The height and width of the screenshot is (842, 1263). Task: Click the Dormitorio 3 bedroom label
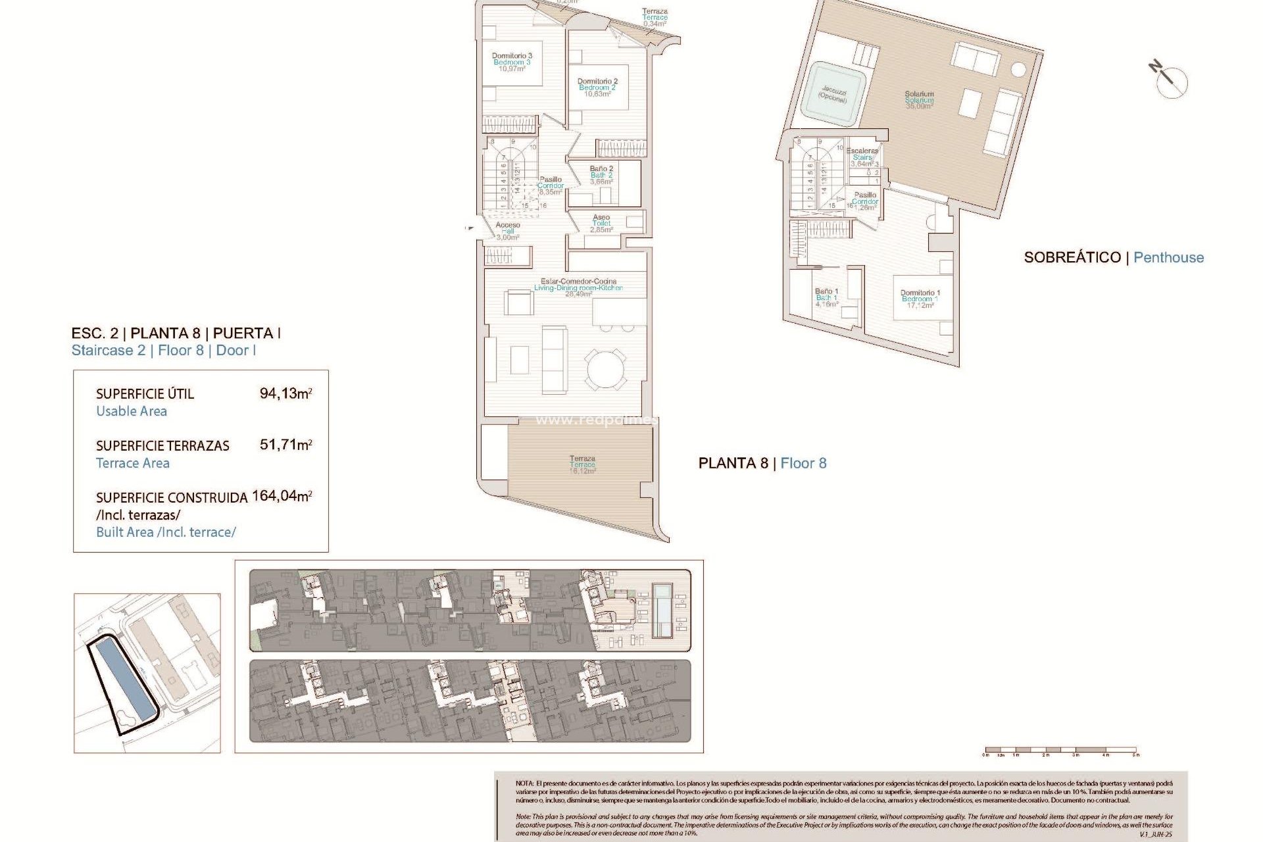[512, 62]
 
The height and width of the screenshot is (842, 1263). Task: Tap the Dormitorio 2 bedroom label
[597, 87]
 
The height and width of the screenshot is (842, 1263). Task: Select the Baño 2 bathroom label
[601, 175]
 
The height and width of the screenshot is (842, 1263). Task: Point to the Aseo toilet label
[601, 224]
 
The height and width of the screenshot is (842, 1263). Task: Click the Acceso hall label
[508, 231]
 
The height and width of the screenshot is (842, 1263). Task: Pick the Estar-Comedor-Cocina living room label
[578, 287]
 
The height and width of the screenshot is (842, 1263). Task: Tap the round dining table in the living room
[606, 368]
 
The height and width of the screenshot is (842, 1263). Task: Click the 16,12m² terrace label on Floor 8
[582, 464]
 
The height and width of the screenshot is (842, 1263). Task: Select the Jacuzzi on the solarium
[833, 93]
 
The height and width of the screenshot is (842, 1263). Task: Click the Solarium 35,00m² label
[919, 100]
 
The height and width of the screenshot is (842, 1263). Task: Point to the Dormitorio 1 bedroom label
[920, 299]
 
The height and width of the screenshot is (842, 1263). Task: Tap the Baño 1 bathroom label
[826, 297]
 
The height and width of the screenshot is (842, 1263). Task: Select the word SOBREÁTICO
[1072, 257]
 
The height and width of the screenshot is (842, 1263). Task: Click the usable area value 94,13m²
[285, 393]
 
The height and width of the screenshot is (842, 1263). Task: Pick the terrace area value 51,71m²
[285, 445]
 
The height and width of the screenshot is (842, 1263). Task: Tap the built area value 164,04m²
[282, 496]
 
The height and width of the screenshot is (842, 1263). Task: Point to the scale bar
[1060, 750]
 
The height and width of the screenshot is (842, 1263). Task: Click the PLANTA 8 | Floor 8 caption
[762, 463]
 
